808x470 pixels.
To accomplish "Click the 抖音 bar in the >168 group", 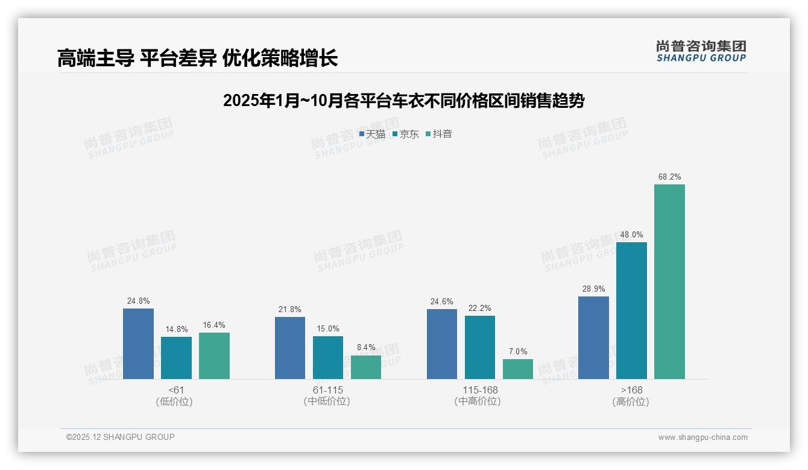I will pyautogui.click(x=669, y=281).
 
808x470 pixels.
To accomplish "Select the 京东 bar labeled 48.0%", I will pyautogui.click(x=631, y=310).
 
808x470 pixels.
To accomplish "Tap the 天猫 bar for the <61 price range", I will pyautogui.click(x=138, y=343).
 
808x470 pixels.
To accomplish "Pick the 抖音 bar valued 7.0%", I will pyautogui.click(x=518, y=369).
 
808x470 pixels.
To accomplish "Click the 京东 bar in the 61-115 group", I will pyautogui.click(x=328, y=357).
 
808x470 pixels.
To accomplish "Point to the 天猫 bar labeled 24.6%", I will pyautogui.click(x=442, y=344).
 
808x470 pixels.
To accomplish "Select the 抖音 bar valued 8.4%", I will pyautogui.click(x=366, y=367).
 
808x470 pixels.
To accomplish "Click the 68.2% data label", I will pyautogui.click(x=669, y=177).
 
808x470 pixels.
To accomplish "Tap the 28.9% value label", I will pyautogui.click(x=593, y=289).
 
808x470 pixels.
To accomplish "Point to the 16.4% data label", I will pyautogui.click(x=214, y=325).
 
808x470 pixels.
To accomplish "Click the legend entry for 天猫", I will pyautogui.click(x=372, y=134).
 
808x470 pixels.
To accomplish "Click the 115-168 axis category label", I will pyautogui.click(x=480, y=390).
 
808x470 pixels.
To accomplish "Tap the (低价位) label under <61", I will pyautogui.click(x=174, y=402).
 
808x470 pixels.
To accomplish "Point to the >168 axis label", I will pyautogui.click(x=631, y=390).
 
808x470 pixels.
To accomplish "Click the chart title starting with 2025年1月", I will pyautogui.click(x=403, y=101).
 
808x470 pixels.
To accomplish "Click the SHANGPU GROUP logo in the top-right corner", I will pyautogui.click(x=701, y=51).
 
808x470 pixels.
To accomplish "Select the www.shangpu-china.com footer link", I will pyautogui.click(x=702, y=437).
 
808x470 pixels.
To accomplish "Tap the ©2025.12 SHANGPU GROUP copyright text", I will pyautogui.click(x=121, y=437).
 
